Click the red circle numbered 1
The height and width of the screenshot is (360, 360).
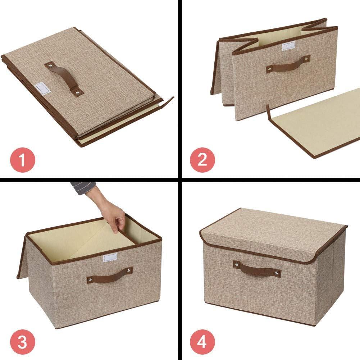22,160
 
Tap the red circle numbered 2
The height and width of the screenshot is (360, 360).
202,160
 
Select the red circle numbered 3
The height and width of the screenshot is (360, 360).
22,342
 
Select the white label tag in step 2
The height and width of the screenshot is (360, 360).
288,46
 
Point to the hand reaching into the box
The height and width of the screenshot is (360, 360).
111,212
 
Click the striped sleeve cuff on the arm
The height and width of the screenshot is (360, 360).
83,188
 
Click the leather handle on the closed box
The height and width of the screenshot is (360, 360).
257,269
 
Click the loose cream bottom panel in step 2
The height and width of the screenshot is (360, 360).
316,122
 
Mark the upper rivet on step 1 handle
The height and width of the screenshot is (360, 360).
49,65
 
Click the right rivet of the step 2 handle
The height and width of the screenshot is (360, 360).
307,58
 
